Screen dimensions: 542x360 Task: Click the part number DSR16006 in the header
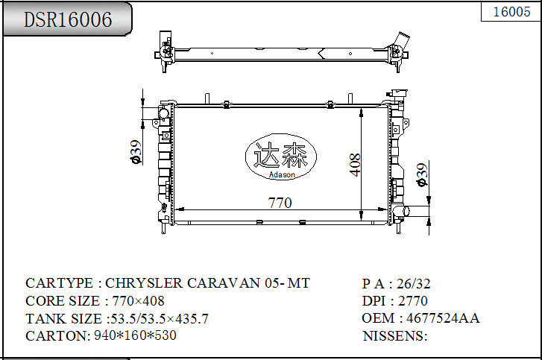pyautogui.click(x=68, y=19)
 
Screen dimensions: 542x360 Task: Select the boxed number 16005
pyautogui.click(x=511, y=12)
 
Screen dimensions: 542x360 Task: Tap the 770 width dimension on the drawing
pyautogui.click(x=280, y=203)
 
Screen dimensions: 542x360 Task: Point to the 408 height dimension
pyautogui.click(x=355, y=165)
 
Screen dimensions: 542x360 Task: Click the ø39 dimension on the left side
pyautogui.click(x=136, y=151)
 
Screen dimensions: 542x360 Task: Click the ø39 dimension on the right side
pyautogui.click(x=422, y=175)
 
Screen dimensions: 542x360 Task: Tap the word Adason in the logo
pyautogui.click(x=282, y=174)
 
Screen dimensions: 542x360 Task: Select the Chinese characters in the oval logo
pyautogui.click(x=280, y=154)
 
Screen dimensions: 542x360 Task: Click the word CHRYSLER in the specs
pyautogui.click(x=143, y=283)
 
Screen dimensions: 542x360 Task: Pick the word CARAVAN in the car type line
pyautogui.click(x=224, y=283)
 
